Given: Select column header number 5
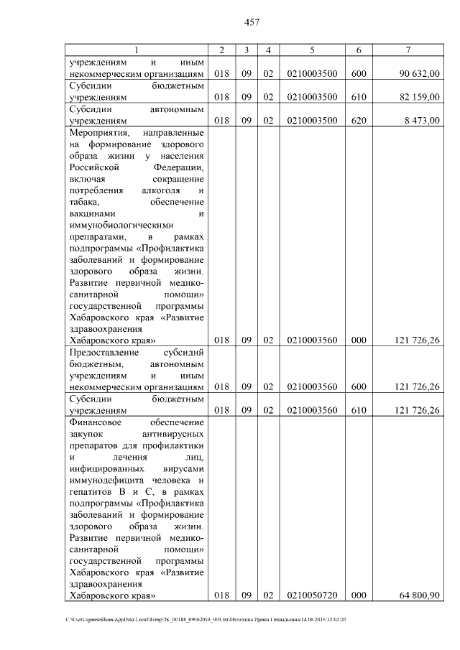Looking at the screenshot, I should (312, 50).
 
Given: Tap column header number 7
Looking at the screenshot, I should (407, 50).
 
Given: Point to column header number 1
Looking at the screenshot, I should (137, 50).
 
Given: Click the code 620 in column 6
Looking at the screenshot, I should (358, 121).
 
